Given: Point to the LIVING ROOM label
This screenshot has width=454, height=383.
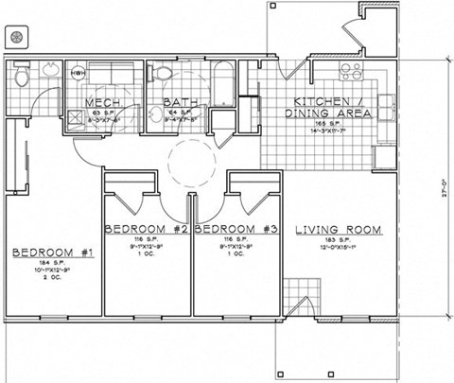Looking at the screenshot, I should [x=338, y=230].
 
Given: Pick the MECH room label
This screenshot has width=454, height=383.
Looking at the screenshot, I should [x=105, y=102].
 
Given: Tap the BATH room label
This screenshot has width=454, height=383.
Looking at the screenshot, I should [x=180, y=102].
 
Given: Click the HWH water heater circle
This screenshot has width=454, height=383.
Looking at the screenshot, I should [x=79, y=74].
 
